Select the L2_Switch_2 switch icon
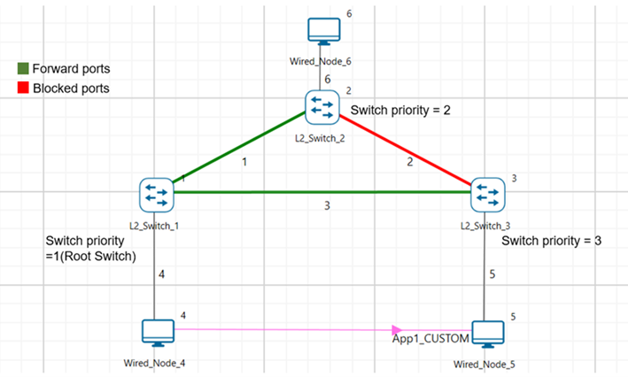[x=321, y=107]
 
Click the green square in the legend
[x=23, y=68]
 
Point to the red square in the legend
[x=23, y=88]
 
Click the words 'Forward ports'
[x=71, y=68]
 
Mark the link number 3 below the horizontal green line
[x=327, y=206]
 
